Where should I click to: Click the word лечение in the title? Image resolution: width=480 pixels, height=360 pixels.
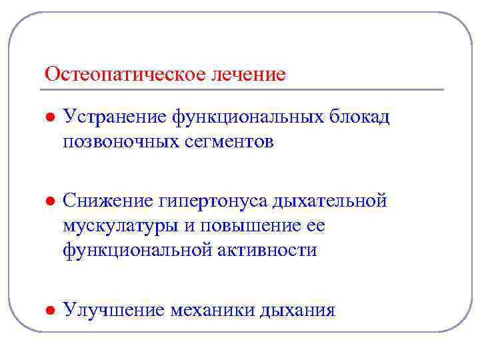249,73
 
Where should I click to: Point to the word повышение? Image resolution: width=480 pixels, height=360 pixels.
248,225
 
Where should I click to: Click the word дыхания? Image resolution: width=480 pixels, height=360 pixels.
298,310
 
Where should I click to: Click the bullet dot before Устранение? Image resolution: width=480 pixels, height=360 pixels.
49,117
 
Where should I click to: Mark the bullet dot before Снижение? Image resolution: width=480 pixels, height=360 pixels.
49,201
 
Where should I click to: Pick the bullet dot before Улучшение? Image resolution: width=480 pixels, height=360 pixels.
49,311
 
